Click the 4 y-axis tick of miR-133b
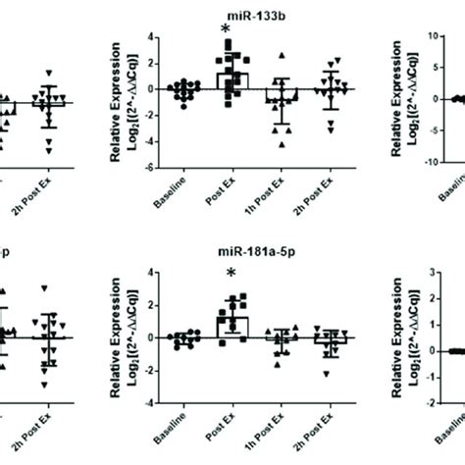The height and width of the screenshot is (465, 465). point(142,36)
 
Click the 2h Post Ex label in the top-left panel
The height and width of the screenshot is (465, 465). point(51,202)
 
